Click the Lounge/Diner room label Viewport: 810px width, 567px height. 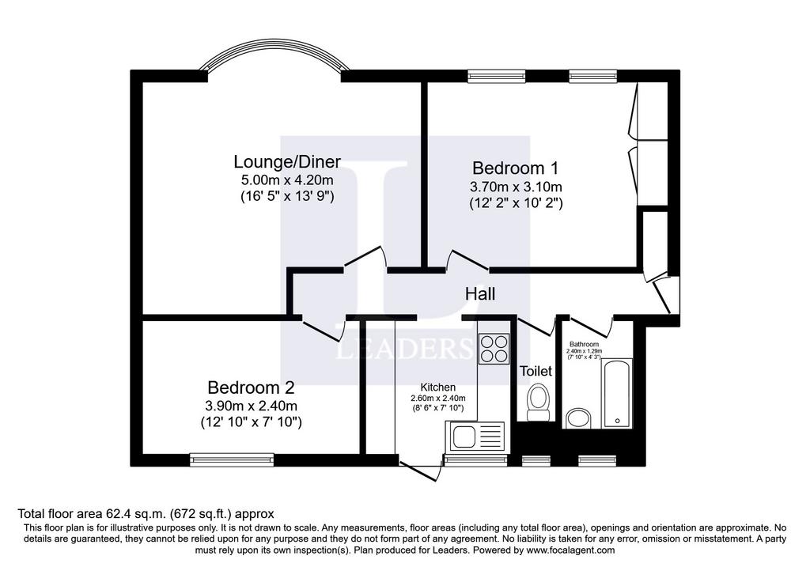pyautogui.click(x=287, y=161)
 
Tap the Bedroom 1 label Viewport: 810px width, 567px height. pyautogui.click(x=516, y=168)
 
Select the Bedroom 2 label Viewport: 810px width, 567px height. pyautogui.click(x=251, y=387)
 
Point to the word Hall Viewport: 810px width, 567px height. pyautogui.click(x=480, y=294)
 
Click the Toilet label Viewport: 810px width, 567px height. pyautogui.click(x=536, y=371)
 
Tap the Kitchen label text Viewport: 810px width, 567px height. pyautogui.click(x=438, y=387)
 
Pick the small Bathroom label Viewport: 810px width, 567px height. pyautogui.click(x=585, y=345)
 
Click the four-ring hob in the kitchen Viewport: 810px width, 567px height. pyautogui.click(x=494, y=348)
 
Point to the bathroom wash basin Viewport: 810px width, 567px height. pyautogui.click(x=578, y=418)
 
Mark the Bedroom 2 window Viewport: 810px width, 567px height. pyautogui.click(x=232, y=459)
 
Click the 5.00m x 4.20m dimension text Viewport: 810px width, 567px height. pyautogui.click(x=287, y=180)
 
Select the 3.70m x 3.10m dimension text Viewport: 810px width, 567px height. pyautogui.click(x=516, y=187)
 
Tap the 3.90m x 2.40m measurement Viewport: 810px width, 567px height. pyautogui.click(x=251, y=406)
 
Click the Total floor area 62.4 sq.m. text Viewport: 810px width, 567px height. pyautogui.click(x=92, y=514)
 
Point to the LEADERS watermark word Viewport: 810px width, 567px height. pyautogui.click(x=404, y=349)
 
